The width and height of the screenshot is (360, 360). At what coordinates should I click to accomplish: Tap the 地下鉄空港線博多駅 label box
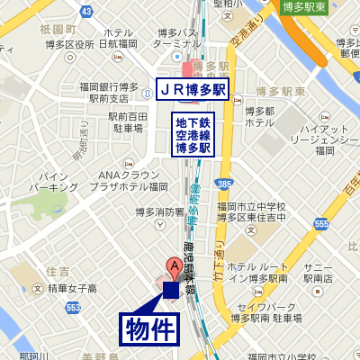click(193, 134)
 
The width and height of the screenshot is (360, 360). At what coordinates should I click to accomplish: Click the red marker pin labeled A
click(173, 267)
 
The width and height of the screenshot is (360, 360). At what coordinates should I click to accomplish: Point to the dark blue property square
click(171, 289)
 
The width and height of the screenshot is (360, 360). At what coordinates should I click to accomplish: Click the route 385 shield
click(222, 184)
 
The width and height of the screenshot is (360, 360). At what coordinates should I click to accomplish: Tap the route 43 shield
click(86, 12)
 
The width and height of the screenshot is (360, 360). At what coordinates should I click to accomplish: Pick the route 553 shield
click(73, 308)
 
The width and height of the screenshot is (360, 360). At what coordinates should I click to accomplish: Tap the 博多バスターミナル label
click(176, 38)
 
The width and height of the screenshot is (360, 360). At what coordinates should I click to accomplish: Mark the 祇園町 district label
click(56, 29)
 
